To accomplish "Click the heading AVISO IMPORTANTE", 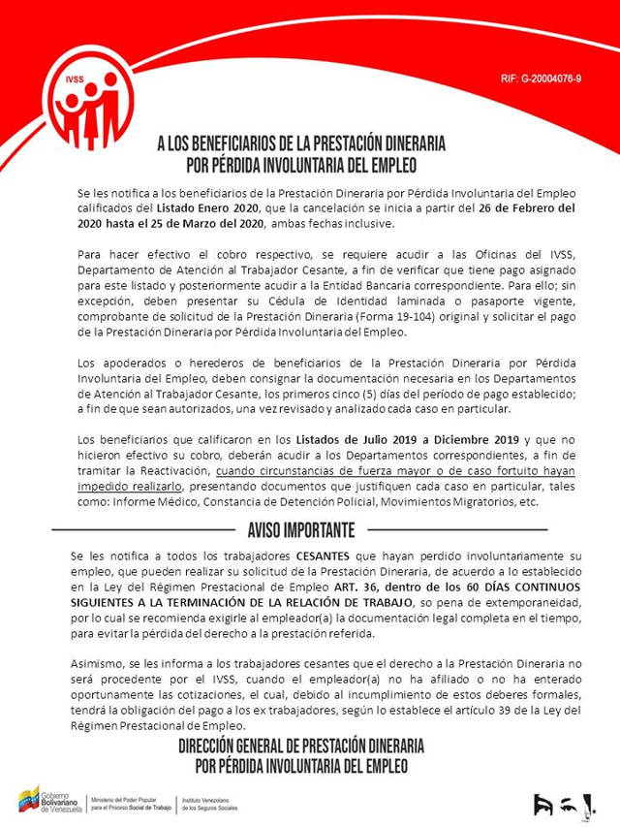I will click(301, 529).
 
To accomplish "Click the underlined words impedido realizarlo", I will click(131, 486).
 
